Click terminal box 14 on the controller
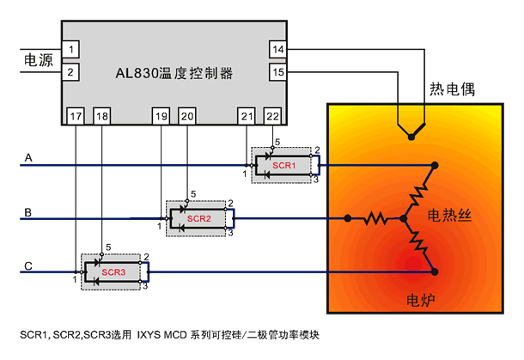click(278, 50)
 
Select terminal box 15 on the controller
click(278, 72)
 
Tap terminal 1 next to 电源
click(70, 50)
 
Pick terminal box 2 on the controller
click(70, 72)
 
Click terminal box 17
click(76, 116)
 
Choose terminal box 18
click(101, 116)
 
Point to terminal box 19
click(161, 116)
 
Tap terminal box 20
click(187, 116)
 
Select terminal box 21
click(247, 116)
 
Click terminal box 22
click(272, 116)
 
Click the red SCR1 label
click(284, 166)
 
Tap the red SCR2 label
click(198, 218)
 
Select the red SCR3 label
click(113, 272)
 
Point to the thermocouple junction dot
click(411, 137)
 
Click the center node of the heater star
click(404, 218)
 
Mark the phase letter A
click(28, 157)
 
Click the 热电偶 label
click(452, 88)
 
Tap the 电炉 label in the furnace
click(421, 300)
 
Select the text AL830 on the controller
click(137, 73)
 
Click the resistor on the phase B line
click(376, 219)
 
